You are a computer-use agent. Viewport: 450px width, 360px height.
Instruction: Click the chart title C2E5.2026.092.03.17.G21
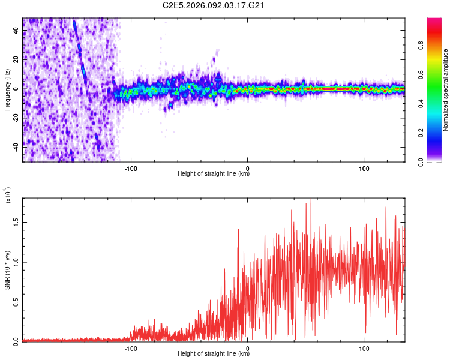pyautogui.click(x=214, y=5)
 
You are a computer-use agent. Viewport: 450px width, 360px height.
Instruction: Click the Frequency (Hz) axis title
pyautogui.click(x=7, y=89)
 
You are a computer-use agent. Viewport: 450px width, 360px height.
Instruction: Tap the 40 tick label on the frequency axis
pyautogui.click(x=16, y=31)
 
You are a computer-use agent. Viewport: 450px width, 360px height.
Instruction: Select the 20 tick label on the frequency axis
pyautogui.click(x=16, y=60)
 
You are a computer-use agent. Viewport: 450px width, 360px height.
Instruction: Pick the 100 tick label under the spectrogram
pyautogui.click(x=364, y=167)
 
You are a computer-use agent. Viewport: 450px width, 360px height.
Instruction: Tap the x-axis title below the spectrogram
pyautogui.click(x=214, y=174)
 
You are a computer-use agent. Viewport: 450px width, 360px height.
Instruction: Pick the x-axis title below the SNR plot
pyautogui.click(x=214, y=354)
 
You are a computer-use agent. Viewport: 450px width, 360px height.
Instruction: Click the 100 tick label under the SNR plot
pyautogui.click(x=364, y=347)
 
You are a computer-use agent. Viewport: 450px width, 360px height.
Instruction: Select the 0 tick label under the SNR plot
pyautogui.click(x=248, y=347)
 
